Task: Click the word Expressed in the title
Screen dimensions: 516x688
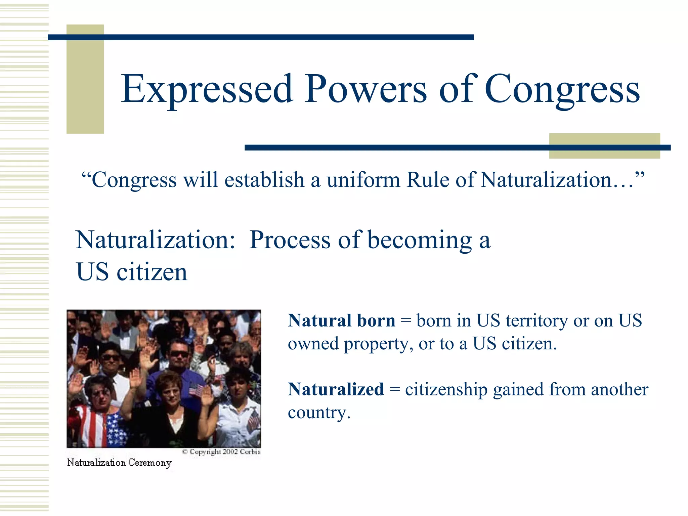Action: [x=207, y=89]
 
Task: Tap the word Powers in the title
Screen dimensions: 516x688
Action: [x=365, y=89]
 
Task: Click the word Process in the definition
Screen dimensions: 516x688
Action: [x=290, y=240]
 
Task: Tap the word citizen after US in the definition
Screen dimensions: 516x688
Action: [x=152, y=272]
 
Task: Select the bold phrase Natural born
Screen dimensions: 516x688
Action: [x=341, y=320]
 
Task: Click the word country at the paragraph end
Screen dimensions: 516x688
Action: [x=318, y=413]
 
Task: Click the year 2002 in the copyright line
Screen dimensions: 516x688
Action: [x=230, y=452]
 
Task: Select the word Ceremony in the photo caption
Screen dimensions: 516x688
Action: [x=150, y=463]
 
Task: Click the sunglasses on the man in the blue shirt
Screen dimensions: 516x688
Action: [x=179, y=354]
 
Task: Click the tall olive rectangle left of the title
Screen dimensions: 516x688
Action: [x=85, y=79]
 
